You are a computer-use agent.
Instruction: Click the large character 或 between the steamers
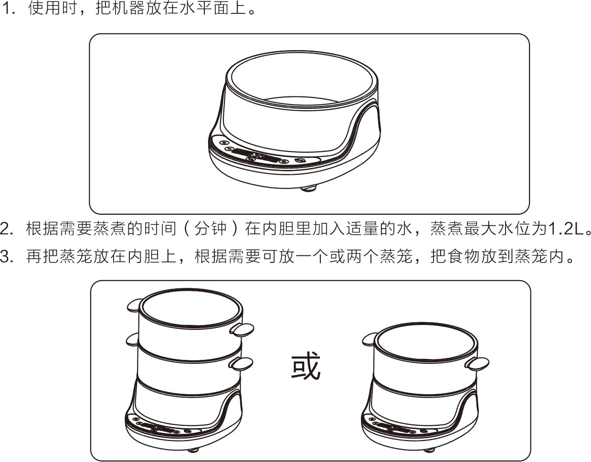click(x=306, y=365)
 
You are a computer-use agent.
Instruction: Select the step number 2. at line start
click(x=7, y=229)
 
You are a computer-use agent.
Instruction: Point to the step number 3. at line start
click(x=7, y=256)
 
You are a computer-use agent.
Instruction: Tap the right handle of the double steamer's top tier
click(x=242, y=330)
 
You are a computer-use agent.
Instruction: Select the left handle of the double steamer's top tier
click(x=135, y=305)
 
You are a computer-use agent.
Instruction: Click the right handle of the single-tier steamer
click(x=477, y=364)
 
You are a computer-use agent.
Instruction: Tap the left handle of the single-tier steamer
click(x=369, y=340)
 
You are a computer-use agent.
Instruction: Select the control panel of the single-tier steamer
click(x=399, y=427)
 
